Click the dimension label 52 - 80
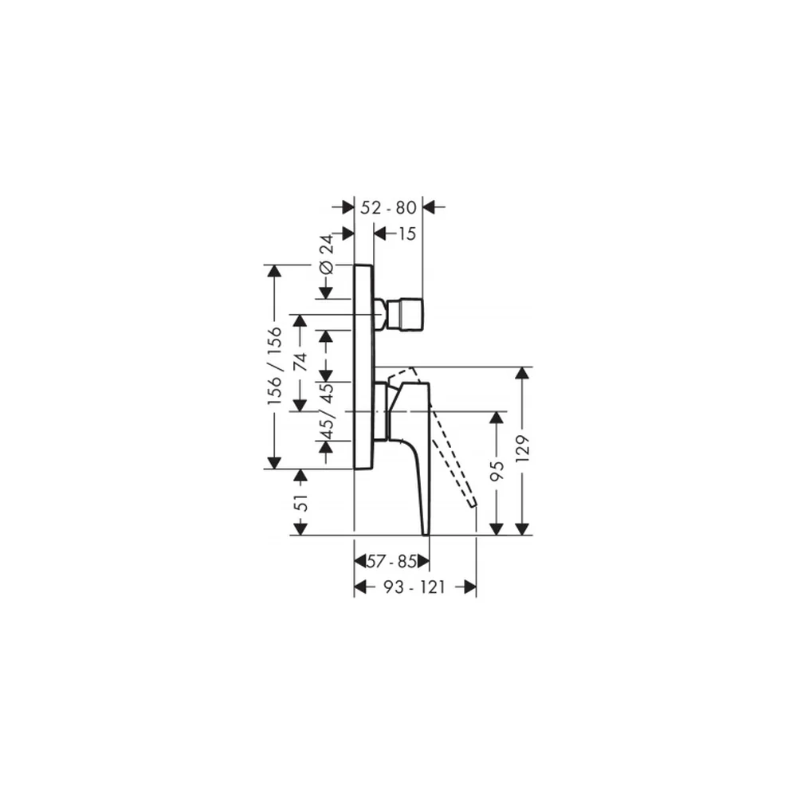[x=388, y=207]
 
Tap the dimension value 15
[x=407, y=234]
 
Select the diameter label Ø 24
[x=326, y=254]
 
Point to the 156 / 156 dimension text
[x=274, y=366]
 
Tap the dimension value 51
[x=301, y=502]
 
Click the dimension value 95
[x=497, y=471]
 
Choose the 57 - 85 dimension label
[x=392, y=562]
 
